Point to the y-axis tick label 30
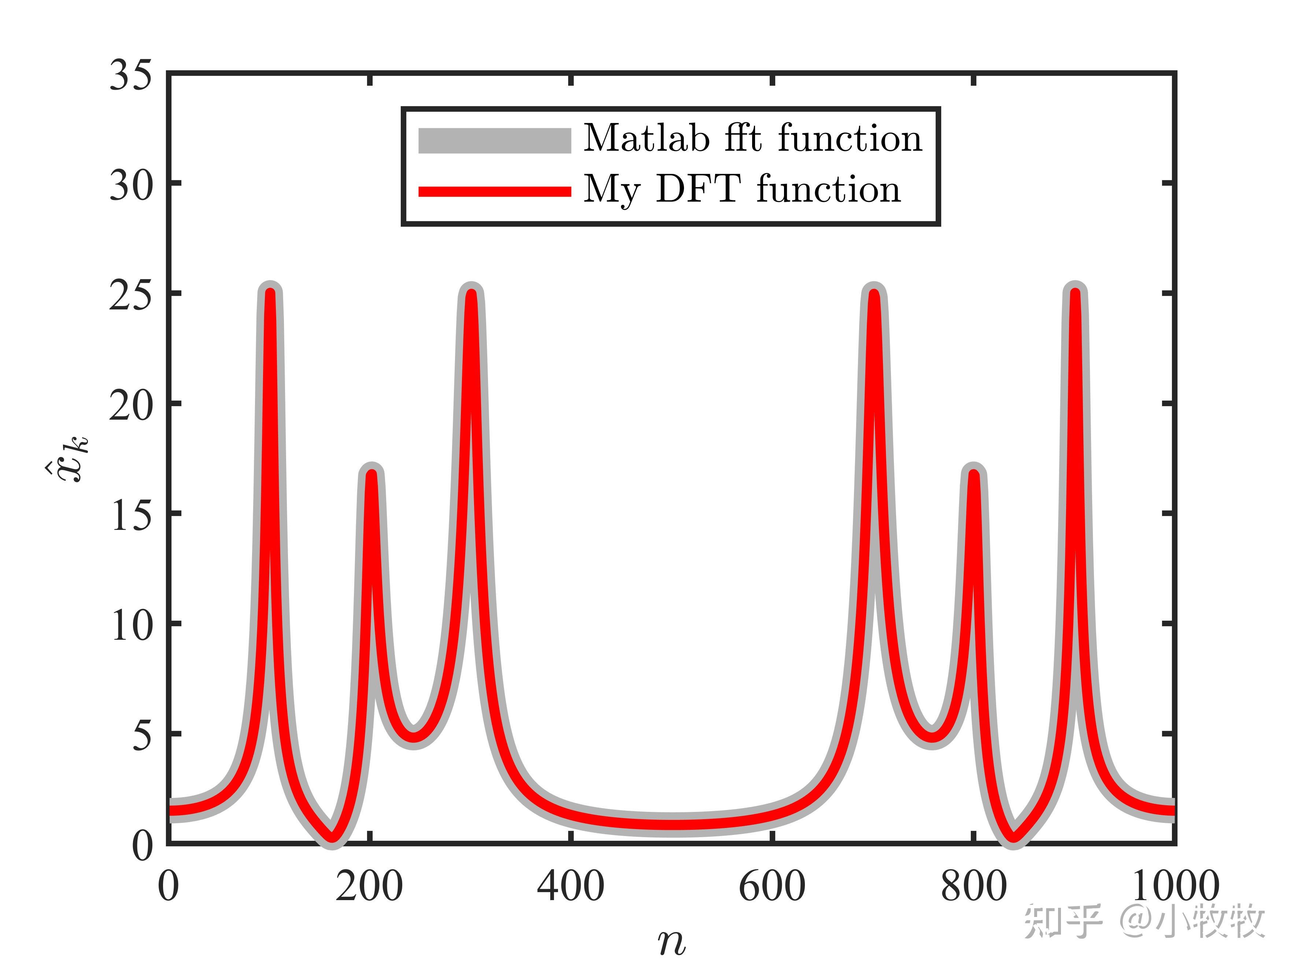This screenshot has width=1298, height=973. click(131, 185)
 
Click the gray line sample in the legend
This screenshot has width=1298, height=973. click(494, 141)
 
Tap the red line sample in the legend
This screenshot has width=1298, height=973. click(494, 191)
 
